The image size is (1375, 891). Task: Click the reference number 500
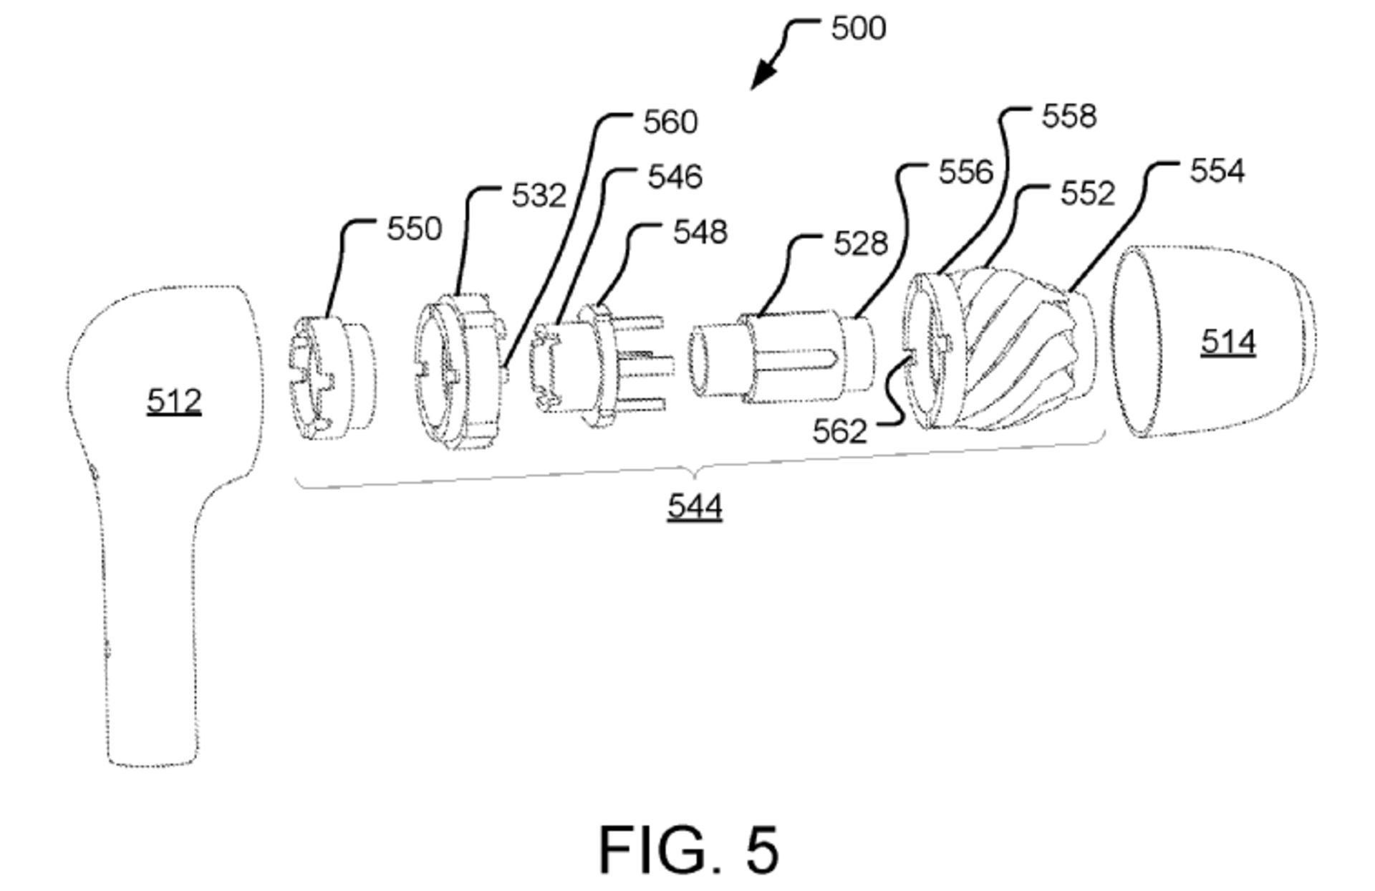[858, 29]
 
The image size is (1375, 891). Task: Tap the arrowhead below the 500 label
[761, 77]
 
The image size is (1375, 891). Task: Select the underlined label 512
[174, 401]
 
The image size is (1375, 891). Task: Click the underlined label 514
[1227, 342]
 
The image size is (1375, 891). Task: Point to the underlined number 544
[694, 507]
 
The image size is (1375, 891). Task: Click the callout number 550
[414, 229]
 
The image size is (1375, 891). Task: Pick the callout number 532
[539, 196]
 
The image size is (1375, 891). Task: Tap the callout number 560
[670, 122]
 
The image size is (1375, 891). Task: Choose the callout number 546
[675, 177]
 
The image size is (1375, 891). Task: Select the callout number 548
[700, 232]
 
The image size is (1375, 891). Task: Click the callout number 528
[860, 244]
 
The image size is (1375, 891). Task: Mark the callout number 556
[965, 173]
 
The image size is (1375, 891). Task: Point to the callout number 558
[1068, 116]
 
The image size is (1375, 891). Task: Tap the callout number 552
[1087, 194]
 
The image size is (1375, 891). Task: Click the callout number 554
[1217, 171]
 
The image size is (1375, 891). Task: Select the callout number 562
[839, 431]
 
